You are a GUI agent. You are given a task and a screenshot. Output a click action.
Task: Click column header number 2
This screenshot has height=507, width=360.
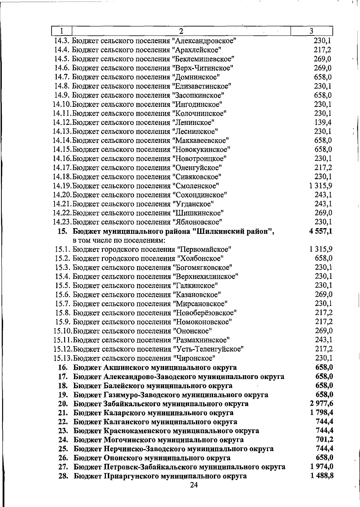(181, 31)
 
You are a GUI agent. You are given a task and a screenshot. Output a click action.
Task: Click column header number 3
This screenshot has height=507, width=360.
(311, 31)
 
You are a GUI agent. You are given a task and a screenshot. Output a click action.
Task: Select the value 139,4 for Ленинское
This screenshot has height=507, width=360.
(323, 122)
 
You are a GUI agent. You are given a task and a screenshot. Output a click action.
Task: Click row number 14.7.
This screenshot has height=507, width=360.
(62, 77)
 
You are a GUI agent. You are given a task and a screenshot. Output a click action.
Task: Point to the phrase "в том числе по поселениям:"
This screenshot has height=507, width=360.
(119, 240)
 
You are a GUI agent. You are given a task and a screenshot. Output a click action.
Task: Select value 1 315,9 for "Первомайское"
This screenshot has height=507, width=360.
(320, 249)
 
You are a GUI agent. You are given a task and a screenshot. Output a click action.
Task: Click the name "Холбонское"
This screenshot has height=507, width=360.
(200, 258)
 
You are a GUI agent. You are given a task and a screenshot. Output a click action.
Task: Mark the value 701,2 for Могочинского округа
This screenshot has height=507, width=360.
(325, 440)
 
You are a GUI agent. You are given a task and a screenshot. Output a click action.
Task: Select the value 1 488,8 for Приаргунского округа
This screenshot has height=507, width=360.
(322, 476)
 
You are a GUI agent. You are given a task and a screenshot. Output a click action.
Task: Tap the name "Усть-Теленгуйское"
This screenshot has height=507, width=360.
(208, 349)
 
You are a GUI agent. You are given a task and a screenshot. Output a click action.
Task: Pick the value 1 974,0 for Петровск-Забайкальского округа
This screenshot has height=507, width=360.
(322, 467)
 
